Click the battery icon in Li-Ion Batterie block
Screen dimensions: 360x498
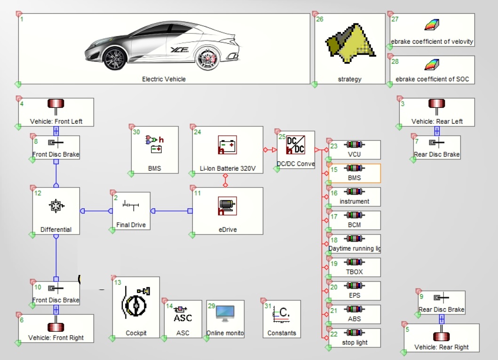coord(227,145)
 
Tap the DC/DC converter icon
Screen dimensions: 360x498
coord(295,145)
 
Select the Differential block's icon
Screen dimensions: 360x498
coord(56,205)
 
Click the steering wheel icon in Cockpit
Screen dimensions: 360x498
coord(135,305)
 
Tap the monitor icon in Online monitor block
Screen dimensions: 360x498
coord(225,313)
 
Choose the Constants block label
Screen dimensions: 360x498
coord(282,333)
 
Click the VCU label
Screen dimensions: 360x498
coord(354,155)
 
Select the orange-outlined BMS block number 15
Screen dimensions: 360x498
coord(354,173)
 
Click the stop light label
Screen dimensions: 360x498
coord(355,343)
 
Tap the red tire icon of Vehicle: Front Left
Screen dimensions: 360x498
coord(56,104)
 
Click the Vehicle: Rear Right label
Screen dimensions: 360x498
coord(442,347)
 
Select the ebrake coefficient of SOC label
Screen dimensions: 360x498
coord(432,79)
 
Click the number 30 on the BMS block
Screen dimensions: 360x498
coord(136,132)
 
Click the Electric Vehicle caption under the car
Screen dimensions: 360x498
coord(164,79)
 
